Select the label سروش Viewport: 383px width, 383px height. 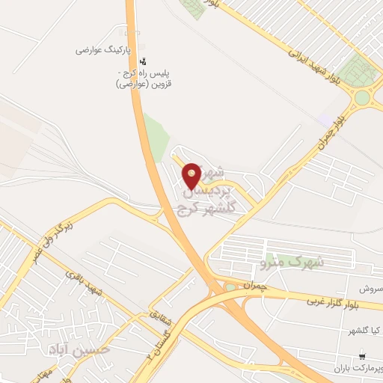[373, 288]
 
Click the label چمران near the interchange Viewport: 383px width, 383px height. [254, 285]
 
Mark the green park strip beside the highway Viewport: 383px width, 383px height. [156, 138]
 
